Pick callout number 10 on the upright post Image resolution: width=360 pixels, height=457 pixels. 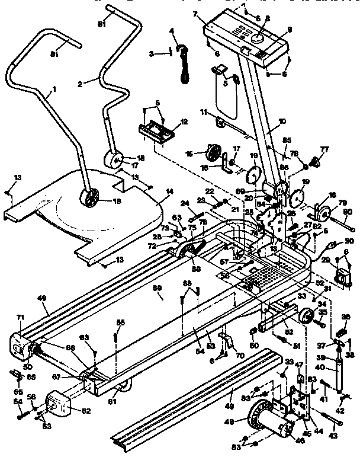282,121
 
